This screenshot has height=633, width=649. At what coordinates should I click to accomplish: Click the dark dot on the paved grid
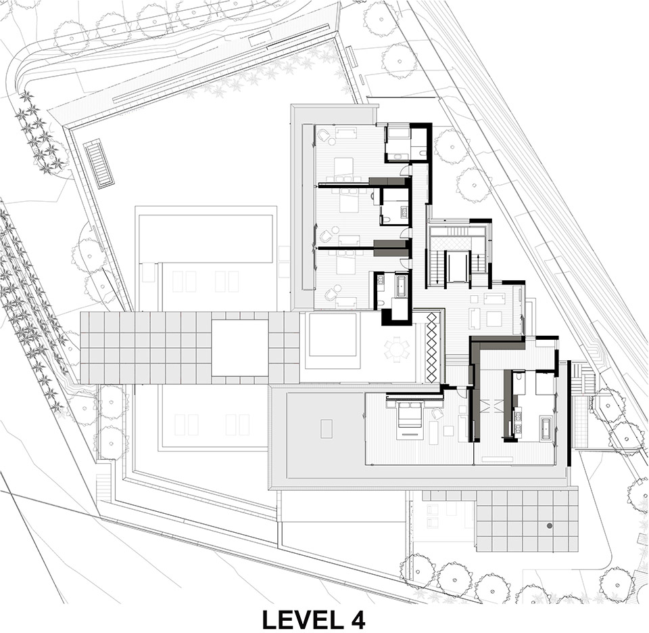pos(549,525)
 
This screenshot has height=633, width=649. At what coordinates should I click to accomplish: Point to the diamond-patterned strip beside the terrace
pos(432,347)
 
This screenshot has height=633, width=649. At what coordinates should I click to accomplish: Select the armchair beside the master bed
pos(437,413)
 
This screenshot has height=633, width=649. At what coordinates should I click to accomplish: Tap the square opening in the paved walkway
pos(239,347)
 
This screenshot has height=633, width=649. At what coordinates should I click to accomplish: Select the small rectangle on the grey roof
pos(327,429)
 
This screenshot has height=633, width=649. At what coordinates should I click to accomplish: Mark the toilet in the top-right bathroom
pos(422,154)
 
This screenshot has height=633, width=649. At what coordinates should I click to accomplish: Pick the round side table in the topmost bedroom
pos(331,141)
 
